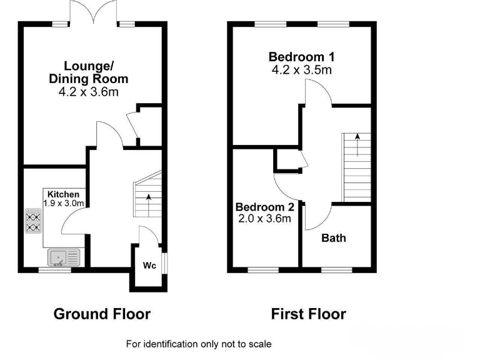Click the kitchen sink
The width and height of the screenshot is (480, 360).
coord(63,256)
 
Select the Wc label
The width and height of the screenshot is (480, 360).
coord(149,266)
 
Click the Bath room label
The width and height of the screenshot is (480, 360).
coord(333,238)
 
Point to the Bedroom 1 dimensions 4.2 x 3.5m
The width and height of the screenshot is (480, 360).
coord(301,70)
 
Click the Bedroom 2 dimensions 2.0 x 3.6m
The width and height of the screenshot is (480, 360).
coord(264,219)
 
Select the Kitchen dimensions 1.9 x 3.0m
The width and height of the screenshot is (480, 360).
coord(63,203)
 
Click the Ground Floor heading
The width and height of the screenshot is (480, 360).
coord(102,314)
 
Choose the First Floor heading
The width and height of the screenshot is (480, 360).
coord(308,314)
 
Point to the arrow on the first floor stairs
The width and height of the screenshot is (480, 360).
coord(357,142)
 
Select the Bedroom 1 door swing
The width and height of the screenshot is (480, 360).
coord(314,94)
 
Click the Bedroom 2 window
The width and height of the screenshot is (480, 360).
coord(256,270)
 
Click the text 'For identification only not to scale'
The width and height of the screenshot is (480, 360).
coord(199,344)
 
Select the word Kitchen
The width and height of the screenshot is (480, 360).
coord(63,194)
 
